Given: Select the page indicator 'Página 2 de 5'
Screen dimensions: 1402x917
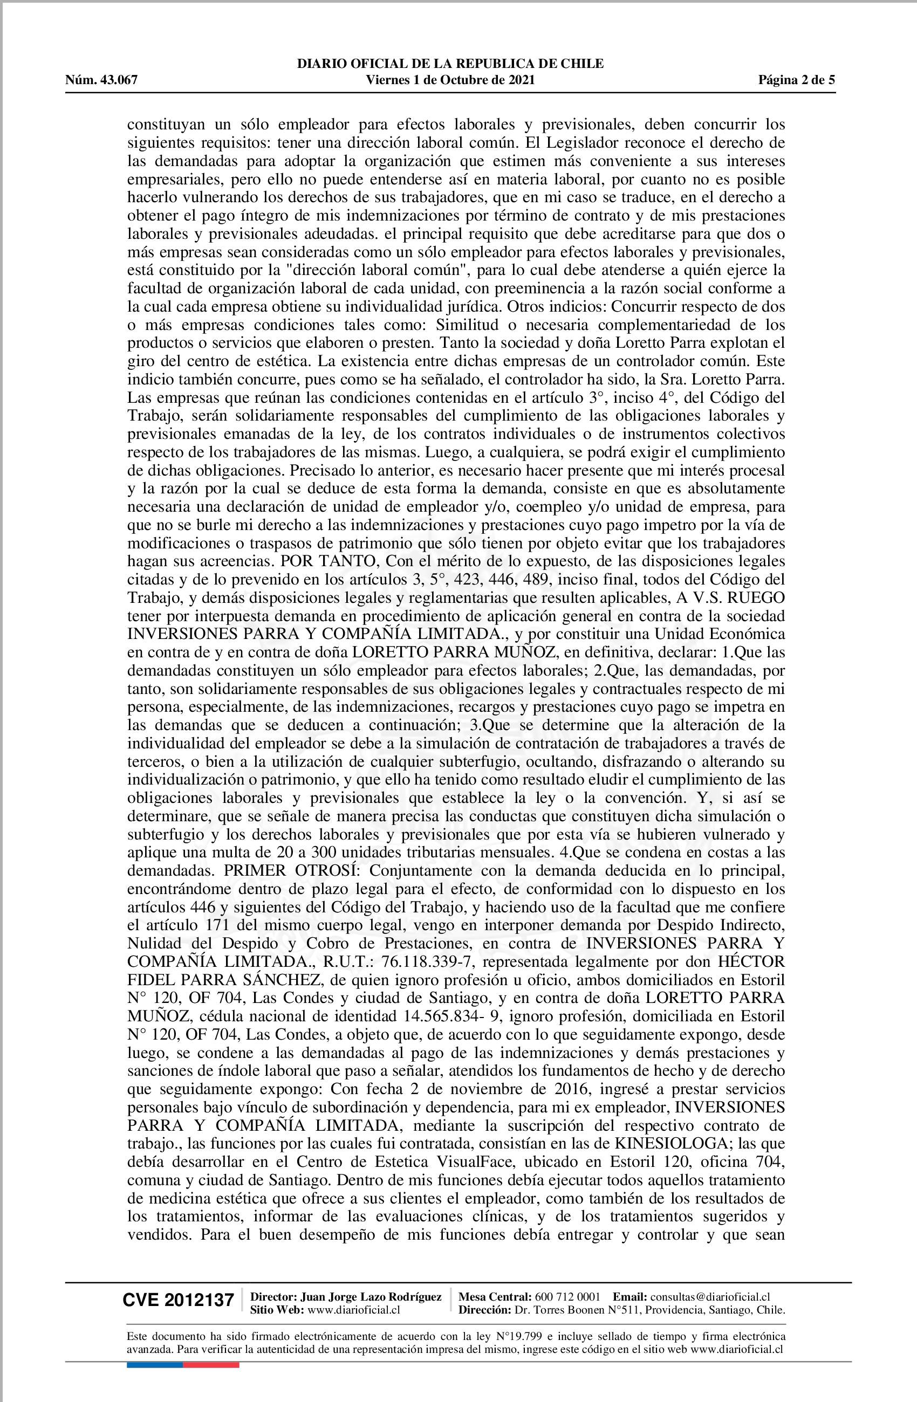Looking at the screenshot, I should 796,80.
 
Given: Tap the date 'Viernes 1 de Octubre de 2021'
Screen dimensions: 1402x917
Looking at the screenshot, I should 450,80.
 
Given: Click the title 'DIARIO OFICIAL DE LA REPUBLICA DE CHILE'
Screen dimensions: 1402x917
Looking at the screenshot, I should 450,64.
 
